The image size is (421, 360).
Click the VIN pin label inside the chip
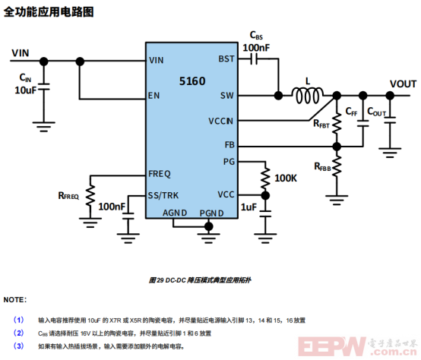(x=157, y=60)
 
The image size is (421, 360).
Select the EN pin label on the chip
(x=154, y=96)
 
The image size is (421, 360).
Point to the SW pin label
(x=227, y=96)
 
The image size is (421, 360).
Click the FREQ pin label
(x=160, y=174)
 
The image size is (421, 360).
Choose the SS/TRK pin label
(x=164, y=194)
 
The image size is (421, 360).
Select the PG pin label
(x=229, y=161)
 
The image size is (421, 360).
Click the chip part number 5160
(x=192, y=80)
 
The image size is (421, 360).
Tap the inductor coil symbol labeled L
(x=307, y=96)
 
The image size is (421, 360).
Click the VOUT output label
(x=403, y=83)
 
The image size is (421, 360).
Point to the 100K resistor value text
(x=286, y=178)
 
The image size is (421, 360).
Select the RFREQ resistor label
(x=68, y=196)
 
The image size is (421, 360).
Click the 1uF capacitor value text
(x=248, y=207)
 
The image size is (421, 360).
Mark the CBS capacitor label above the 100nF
(x=257, y=36)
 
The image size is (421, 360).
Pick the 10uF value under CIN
(x=25, y=90)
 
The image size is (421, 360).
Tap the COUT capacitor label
(x=376, y=112)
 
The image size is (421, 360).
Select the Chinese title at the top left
(x=49, y=12)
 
